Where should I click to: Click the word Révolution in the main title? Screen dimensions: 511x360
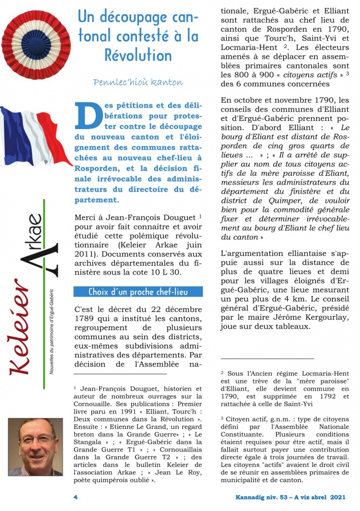[x=138, y=54]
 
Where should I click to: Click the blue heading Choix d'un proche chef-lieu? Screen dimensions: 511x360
[x=137, y=292]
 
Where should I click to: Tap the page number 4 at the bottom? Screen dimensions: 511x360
[x=76, y=497]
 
